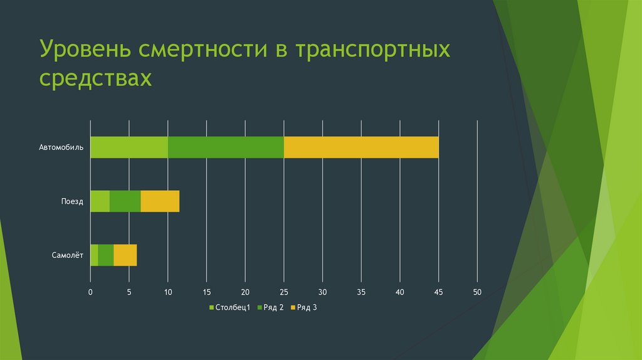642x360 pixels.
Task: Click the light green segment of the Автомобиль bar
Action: point(129,147)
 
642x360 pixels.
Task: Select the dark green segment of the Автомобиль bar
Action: point(226,147)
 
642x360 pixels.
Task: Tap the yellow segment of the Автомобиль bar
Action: point(361,147)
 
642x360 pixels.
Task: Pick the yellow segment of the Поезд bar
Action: point(160,201)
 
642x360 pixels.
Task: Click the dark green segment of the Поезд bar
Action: point(125,201)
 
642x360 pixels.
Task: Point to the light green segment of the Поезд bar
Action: point(100,201)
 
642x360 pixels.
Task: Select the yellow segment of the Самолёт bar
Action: point(125,255)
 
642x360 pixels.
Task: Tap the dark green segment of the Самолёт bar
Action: point(105,255)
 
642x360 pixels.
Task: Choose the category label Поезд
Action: point(72,201)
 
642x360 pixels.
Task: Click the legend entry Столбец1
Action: point(233,307)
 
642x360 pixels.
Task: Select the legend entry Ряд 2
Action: point(273,307)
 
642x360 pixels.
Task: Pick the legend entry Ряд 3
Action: point(307,307)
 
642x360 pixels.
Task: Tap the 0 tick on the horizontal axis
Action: point(90,292)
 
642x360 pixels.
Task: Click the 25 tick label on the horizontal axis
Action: point(283,292)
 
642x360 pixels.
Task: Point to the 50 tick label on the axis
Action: point(477,292)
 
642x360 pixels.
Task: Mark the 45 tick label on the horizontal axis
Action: point(439,292)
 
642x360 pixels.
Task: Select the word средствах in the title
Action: point(96,79)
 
